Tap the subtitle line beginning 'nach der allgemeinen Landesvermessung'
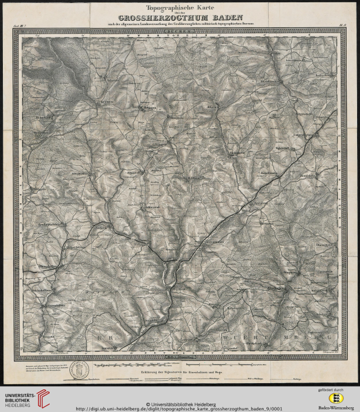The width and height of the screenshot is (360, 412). pyautogui.click(x=180, y=23)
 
